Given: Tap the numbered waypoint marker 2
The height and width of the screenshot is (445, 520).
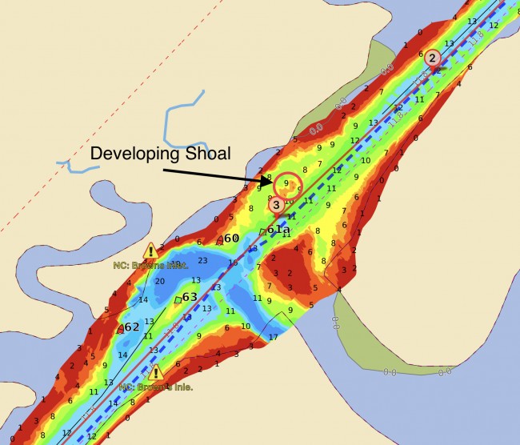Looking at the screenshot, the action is tap(432, 58).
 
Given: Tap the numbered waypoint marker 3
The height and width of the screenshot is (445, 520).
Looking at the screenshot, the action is tap(276, 205).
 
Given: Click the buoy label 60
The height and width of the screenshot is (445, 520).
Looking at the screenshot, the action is tap(232, 239).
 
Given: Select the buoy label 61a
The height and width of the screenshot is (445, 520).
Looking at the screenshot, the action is tap(278, 230).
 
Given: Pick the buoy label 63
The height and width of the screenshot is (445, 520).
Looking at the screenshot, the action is tap(190, 298).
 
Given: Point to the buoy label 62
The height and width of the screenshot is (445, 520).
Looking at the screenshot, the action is tap(132, 327).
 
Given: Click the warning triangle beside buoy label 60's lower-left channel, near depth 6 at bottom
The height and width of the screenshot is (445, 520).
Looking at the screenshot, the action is tap(155, 373).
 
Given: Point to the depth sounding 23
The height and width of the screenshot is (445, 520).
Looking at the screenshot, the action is tap(202, 260).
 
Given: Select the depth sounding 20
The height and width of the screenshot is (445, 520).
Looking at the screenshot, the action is tap(159, 281).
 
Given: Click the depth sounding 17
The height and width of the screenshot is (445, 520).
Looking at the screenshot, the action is tap(273, 337).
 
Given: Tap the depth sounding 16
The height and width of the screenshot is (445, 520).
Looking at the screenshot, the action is tap(233, 263).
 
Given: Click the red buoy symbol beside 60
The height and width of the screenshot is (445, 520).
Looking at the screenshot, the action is tap(219, 239).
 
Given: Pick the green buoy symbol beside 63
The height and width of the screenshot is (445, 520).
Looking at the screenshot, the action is tap(178, 300).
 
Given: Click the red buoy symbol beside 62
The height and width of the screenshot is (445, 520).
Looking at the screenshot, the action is tap(120, 328).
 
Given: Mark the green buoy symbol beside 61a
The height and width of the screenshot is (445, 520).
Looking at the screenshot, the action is tap(262, 232).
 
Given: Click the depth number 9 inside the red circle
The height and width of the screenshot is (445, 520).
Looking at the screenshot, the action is tap(286, 183).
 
